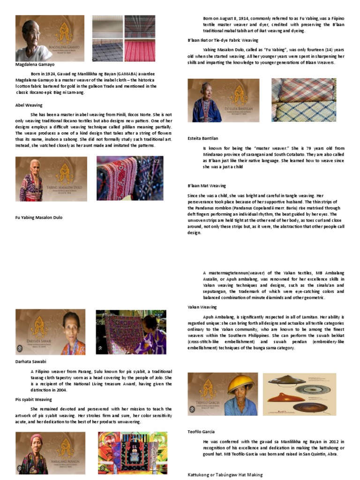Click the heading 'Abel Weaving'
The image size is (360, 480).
click(x=29, y=105)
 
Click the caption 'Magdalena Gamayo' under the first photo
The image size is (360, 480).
click(x=35, y=64)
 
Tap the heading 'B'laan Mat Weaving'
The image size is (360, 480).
click(x=207, y=186)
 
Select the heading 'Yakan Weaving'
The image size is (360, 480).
click(x=202, y=307)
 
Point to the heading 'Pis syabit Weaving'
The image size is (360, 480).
click(x=33, y=399)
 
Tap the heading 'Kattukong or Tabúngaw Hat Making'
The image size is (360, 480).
click(x=225, y=475)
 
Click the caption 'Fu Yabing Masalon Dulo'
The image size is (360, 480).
click(x=39, y=217)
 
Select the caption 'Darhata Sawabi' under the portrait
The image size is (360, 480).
click(x=32, y=361)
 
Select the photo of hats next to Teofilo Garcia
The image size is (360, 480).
click(x=299, y=394)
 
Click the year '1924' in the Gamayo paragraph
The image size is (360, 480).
click(x=52, y=74)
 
